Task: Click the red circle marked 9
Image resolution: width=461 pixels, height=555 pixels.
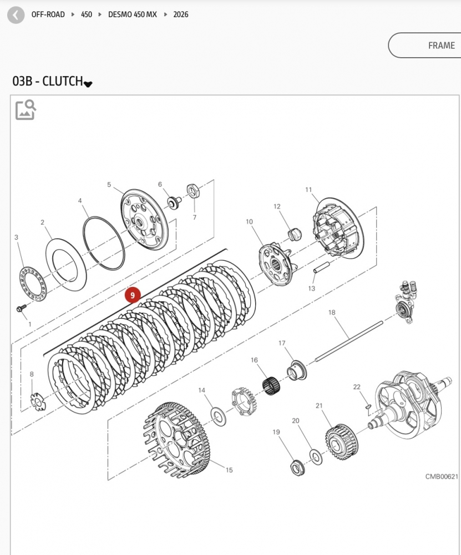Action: [133, 295]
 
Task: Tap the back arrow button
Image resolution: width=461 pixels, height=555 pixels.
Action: [16, 15]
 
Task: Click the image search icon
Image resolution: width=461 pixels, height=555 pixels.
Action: [26, 109]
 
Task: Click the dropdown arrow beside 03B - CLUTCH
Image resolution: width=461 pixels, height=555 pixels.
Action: [88, 83]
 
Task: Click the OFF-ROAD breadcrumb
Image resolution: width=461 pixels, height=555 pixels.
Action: [48, 14]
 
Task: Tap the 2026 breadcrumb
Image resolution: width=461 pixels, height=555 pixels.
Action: [181, 14]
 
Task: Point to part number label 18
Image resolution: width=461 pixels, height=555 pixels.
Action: [332, 313]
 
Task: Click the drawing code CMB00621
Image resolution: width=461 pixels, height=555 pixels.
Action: [442, 477]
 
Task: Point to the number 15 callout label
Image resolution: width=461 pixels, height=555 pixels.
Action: [229, 470]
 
